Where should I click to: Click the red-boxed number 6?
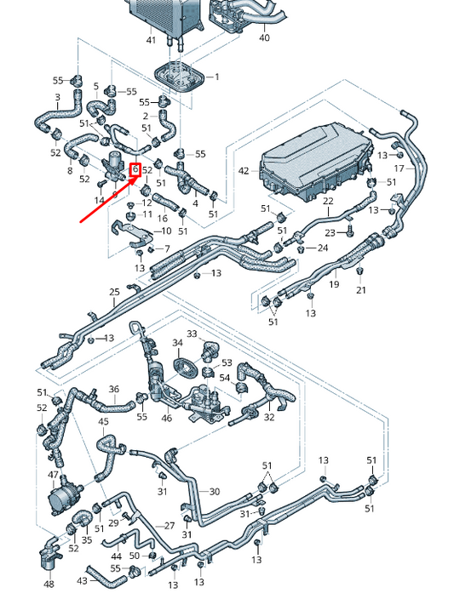135,169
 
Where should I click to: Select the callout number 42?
244,171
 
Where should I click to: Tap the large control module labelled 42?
317,162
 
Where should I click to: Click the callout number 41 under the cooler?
151,40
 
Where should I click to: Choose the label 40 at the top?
264,37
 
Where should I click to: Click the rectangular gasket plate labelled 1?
179,77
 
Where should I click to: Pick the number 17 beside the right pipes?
399,168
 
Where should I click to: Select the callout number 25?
115,292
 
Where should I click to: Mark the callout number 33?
192,334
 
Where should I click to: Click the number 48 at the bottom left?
49,584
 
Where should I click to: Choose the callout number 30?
215,491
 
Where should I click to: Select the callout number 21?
361,290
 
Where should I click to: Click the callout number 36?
114,389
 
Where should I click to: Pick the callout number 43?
83,581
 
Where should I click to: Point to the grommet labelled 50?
152,554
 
